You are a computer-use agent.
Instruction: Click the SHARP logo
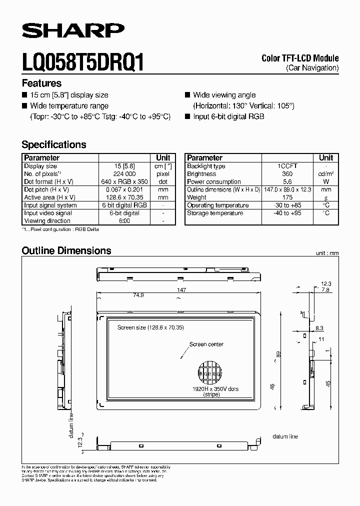point(73,31)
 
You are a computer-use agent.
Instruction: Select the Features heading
point(41,83)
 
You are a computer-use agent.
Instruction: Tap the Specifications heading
point(54,144)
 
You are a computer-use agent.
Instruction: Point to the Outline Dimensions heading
point(66,250)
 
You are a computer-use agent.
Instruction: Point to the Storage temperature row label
point(215,213)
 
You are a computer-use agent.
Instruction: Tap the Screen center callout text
point(206,344)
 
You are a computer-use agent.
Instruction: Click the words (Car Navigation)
point(312,67)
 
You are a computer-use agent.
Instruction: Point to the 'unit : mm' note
point(327,253)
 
